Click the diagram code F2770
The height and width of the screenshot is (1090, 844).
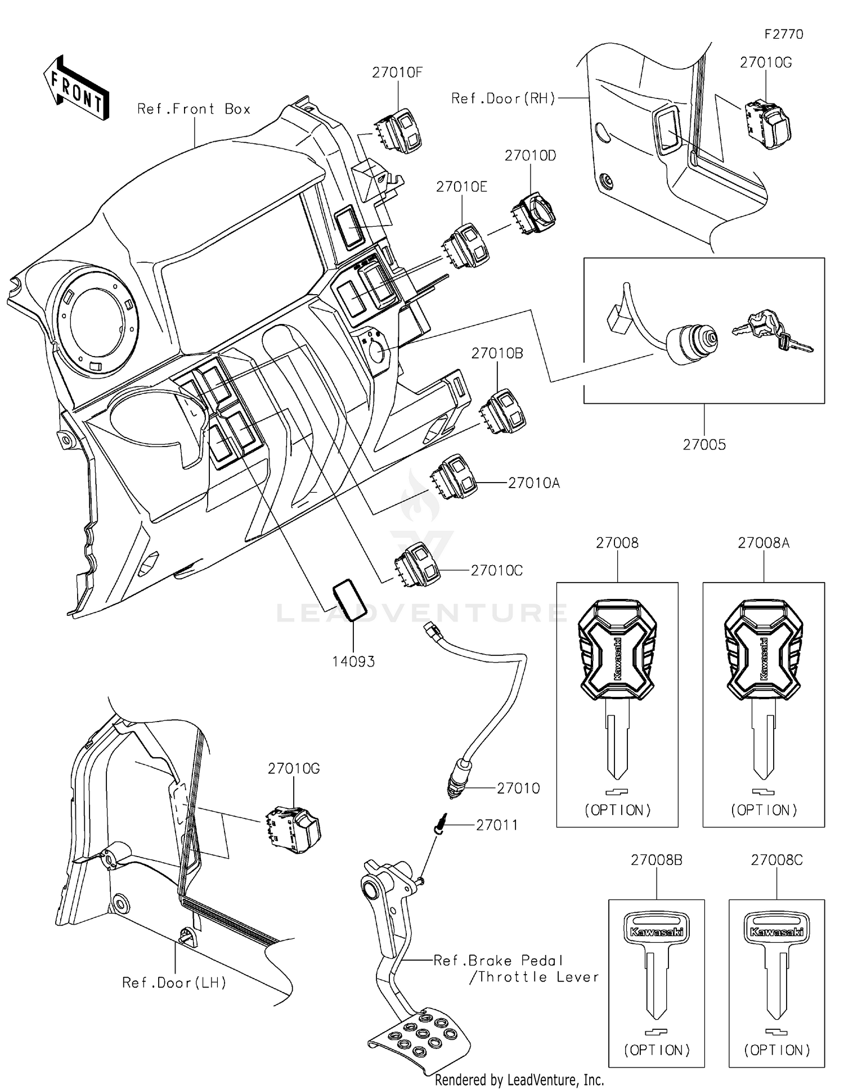point(783,34)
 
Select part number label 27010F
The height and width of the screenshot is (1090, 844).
point(397,73)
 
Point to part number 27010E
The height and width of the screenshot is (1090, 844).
point(461,187)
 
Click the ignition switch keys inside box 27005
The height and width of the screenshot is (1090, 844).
point(771,334)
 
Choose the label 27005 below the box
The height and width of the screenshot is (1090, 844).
point(704,445)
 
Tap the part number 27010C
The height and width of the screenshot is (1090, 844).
point(496,570)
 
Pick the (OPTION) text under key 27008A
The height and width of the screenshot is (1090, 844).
point(764,810)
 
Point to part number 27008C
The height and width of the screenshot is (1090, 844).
point(776,860)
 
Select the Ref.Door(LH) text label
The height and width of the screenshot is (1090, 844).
point(174,983)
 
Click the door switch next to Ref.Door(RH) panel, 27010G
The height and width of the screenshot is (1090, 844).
point(768,124)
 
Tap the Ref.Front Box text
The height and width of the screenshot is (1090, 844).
point(194,109)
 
